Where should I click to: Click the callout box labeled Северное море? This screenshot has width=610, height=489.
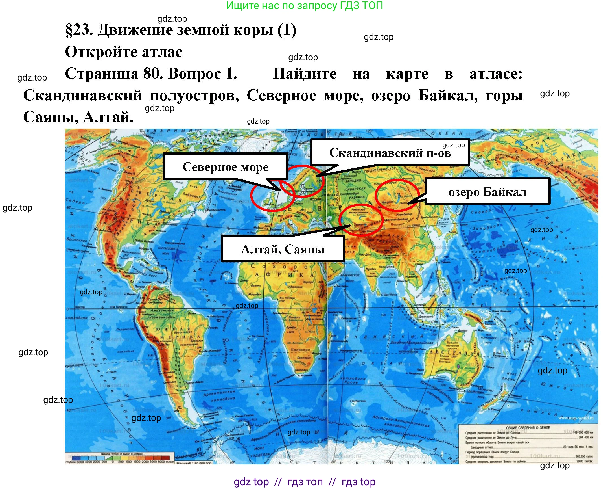226,167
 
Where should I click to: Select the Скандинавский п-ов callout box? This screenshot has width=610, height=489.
390,153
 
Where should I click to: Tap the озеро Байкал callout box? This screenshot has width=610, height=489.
487,192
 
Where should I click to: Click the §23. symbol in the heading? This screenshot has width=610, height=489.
79,30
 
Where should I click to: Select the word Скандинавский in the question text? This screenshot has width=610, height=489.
83,96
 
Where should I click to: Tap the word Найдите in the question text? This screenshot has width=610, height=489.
305,74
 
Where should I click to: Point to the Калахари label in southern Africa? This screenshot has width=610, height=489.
300,350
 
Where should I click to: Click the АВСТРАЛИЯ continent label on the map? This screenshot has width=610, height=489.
455,353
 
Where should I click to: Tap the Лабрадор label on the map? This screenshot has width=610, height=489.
192,196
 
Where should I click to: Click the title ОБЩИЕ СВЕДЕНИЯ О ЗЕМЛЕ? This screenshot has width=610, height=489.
528,428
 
